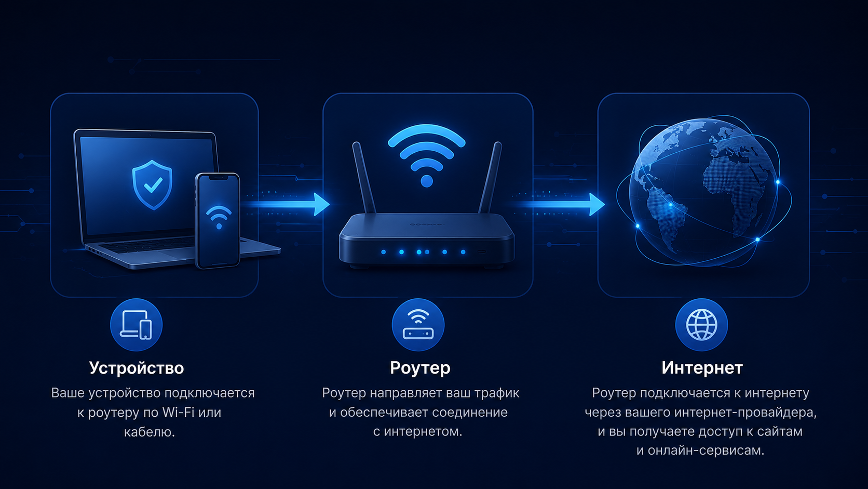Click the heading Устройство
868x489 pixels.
[x=137, y=368]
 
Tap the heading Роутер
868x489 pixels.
[x=420, y=368]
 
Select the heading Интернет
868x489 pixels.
[x=702, y=367]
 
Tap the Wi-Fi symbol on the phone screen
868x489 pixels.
[x=219, y=216]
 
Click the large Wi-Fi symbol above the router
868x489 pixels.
[x=427, y=155]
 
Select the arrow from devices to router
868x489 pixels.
[x=287, y=204]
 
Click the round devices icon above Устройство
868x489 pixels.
[x=136, y=325]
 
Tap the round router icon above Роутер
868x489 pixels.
[x=418, y=325]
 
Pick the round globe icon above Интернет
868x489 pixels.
[x=701, y=325]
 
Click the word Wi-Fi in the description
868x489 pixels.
[x=178, y=412]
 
